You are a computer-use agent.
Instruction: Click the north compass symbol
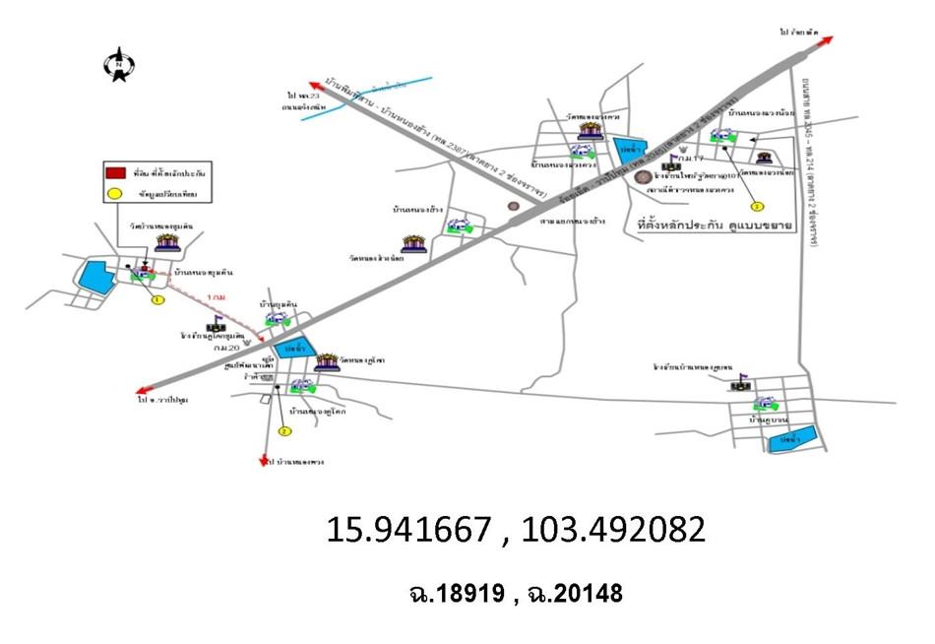(119, 65)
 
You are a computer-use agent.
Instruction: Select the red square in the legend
(114, 172)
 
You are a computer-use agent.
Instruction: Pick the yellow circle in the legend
(114, 193)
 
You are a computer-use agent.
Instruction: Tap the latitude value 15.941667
(407, 530)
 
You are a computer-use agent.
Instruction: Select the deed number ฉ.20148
(574, 593)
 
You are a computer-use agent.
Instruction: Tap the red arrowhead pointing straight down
(265, 460)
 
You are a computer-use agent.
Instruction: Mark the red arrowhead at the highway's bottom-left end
(146, 389)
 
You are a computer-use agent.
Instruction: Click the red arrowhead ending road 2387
(314, 84)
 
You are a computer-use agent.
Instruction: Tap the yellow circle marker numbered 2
(284, 431)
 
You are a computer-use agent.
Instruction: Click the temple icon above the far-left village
(166, 242)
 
